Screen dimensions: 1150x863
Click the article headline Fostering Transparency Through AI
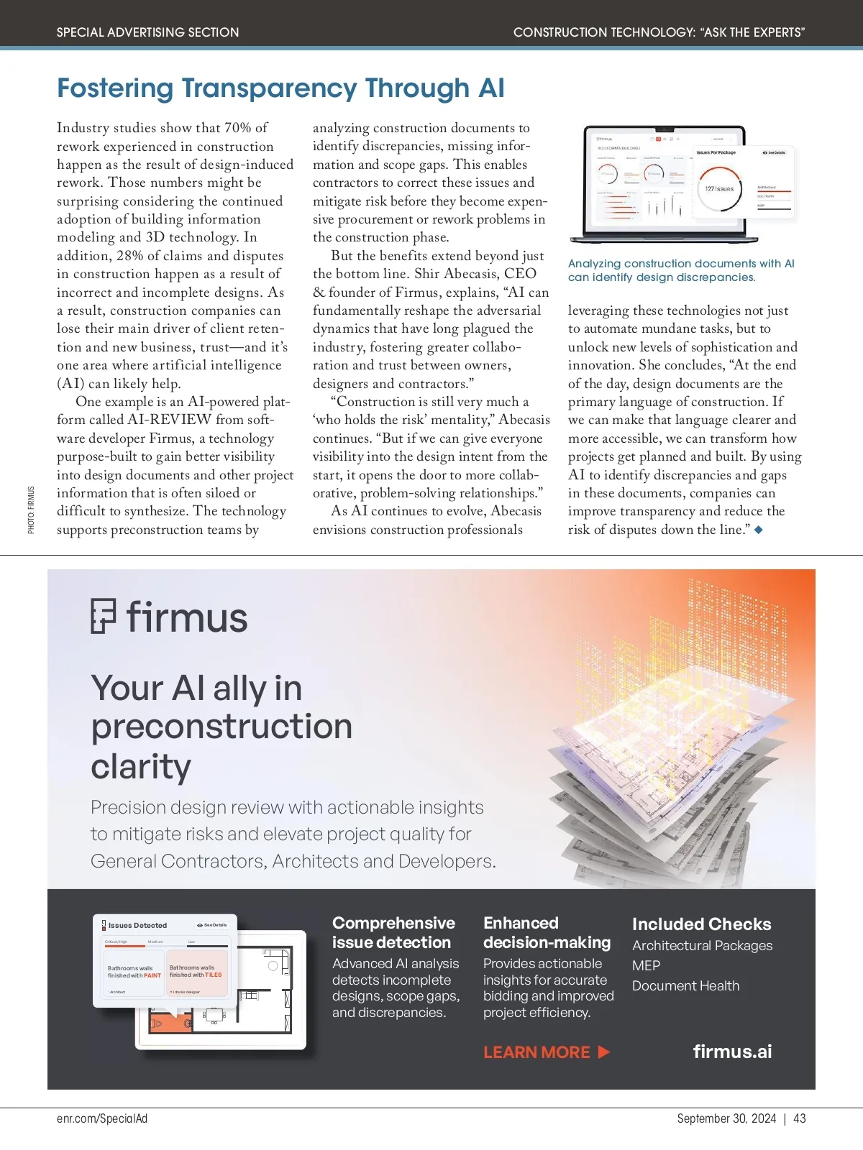(280, 88)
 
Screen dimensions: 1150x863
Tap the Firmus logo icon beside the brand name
(104, 617)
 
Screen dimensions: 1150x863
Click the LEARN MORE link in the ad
(546, 1052)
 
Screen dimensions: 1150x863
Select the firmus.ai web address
(732, 1052)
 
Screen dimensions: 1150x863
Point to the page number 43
(800, 1118)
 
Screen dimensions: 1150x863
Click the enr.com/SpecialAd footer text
(102, 1118)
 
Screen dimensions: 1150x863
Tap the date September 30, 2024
(726, 1118)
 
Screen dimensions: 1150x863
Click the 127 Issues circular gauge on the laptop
(719, 188)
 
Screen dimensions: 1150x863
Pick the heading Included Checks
(701, 924)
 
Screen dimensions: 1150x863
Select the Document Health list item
(685, 986)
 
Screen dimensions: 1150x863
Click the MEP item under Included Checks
(646, 966)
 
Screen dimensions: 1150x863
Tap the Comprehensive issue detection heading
(393, 932)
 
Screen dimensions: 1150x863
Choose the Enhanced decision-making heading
(547, 932)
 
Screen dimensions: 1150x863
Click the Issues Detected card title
(137, 926)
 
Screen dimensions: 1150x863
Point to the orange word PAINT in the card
(152, 975)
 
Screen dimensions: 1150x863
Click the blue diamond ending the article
(758, 530)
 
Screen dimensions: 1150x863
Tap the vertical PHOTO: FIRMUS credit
(31, 510)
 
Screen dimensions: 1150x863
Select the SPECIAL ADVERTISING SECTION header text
(147, 32)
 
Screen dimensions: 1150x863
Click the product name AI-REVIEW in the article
(170, 420)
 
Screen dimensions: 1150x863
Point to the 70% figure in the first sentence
(237, 128)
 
